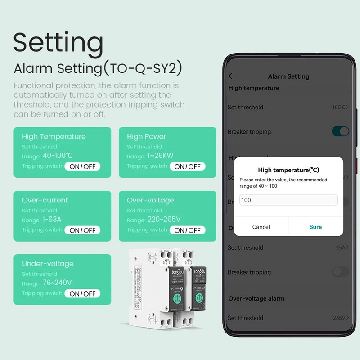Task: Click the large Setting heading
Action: pos(58,42)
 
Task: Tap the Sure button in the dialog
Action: pos(315,227)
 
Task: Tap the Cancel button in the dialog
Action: pos(261,227)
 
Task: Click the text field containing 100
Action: pos(288,200)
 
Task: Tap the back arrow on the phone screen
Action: pos(231,76)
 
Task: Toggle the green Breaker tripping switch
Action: pos(340,131)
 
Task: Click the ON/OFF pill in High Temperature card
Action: pos(82,166)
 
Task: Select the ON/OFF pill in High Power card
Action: pos(187,166)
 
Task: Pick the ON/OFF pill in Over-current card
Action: pos(82,230)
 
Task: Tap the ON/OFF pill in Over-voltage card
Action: pos(187,230)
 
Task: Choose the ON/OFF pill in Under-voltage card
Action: pos(82,293)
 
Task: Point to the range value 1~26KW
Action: pos(161,156)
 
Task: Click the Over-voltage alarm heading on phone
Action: pos(256,298)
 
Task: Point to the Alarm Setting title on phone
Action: pos(288,76)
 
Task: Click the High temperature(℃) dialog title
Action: pos(288,170)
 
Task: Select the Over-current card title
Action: pos(45,200)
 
